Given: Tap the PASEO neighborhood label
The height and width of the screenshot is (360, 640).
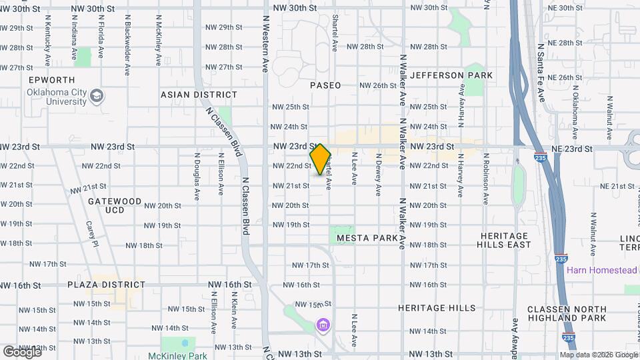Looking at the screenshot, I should pyautogui.click(x=325, y=85).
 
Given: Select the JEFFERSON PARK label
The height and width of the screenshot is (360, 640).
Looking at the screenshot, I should pyautogui.click(x=451, y=75).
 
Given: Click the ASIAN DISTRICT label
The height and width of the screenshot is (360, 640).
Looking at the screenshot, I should pyautogui.click(x=199, y=95).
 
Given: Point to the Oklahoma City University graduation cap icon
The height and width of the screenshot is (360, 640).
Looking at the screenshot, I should pyautogui.click(x=97, y=96).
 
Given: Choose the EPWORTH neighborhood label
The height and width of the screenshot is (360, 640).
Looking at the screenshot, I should pyautogui.click(x=48, y=80).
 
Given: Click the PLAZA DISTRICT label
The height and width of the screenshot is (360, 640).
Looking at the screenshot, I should pyautogui.click(x=107, y=285).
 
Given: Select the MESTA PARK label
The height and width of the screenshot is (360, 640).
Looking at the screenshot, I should pyautogui.click(x=367, y=238).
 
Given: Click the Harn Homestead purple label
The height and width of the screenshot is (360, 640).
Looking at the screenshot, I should pyautogui.click(x=602, y=271).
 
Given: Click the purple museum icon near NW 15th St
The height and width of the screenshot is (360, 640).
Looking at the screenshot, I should pyautogui.click(x=323, y=325).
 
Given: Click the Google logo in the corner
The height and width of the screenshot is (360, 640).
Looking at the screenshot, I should pyautogui.click(x=22, y=351).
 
